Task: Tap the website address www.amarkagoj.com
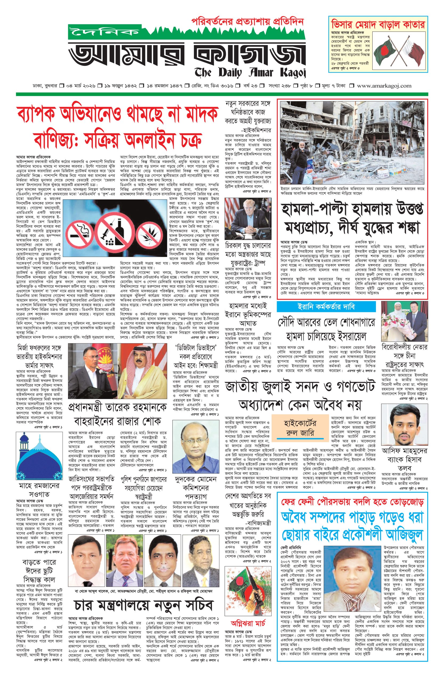coord(384,86)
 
